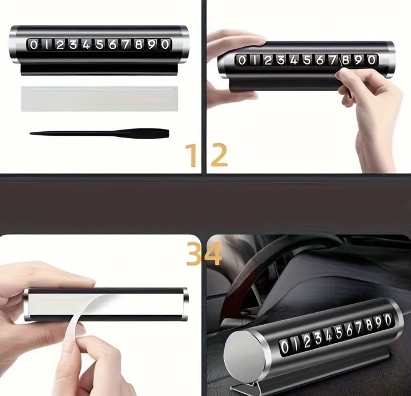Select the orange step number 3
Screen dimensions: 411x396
tap(194, 253)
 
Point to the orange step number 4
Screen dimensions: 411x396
tap(213, 253)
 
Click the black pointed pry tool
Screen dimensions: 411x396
tap(99, 133)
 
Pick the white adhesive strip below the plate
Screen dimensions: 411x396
tap(99, 99)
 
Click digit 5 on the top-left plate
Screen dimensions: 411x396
tap(99, 45)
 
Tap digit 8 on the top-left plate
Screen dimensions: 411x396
tap(139, 45)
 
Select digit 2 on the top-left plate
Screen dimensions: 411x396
tap(60, 45)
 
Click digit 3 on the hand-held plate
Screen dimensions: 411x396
tap(281, 61)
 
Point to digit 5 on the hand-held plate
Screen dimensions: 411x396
tap(307, 61)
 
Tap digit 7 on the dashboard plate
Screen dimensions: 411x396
tap(358, 328)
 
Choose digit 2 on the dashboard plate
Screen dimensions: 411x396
tap(307, 341)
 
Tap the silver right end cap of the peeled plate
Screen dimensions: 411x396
tap(185, 304)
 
